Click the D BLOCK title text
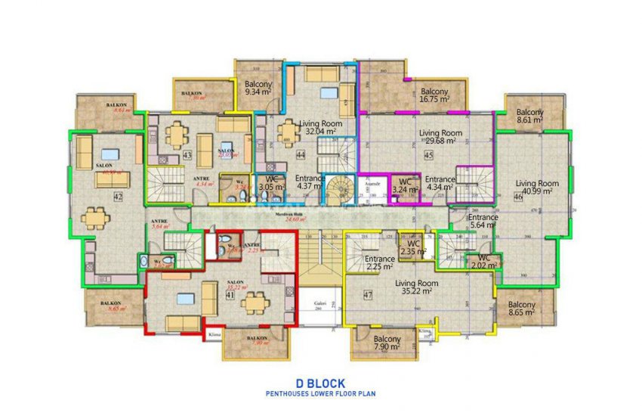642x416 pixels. [320, 383]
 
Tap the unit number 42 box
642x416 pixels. [118, 197]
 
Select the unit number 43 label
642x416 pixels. [186, 156]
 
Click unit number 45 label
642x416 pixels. [427, 156]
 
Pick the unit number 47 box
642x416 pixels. [368, 295]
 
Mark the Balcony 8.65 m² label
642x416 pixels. [521, 309]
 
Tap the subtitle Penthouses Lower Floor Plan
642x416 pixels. [320, 394]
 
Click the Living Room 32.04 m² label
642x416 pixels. [321, 127]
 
